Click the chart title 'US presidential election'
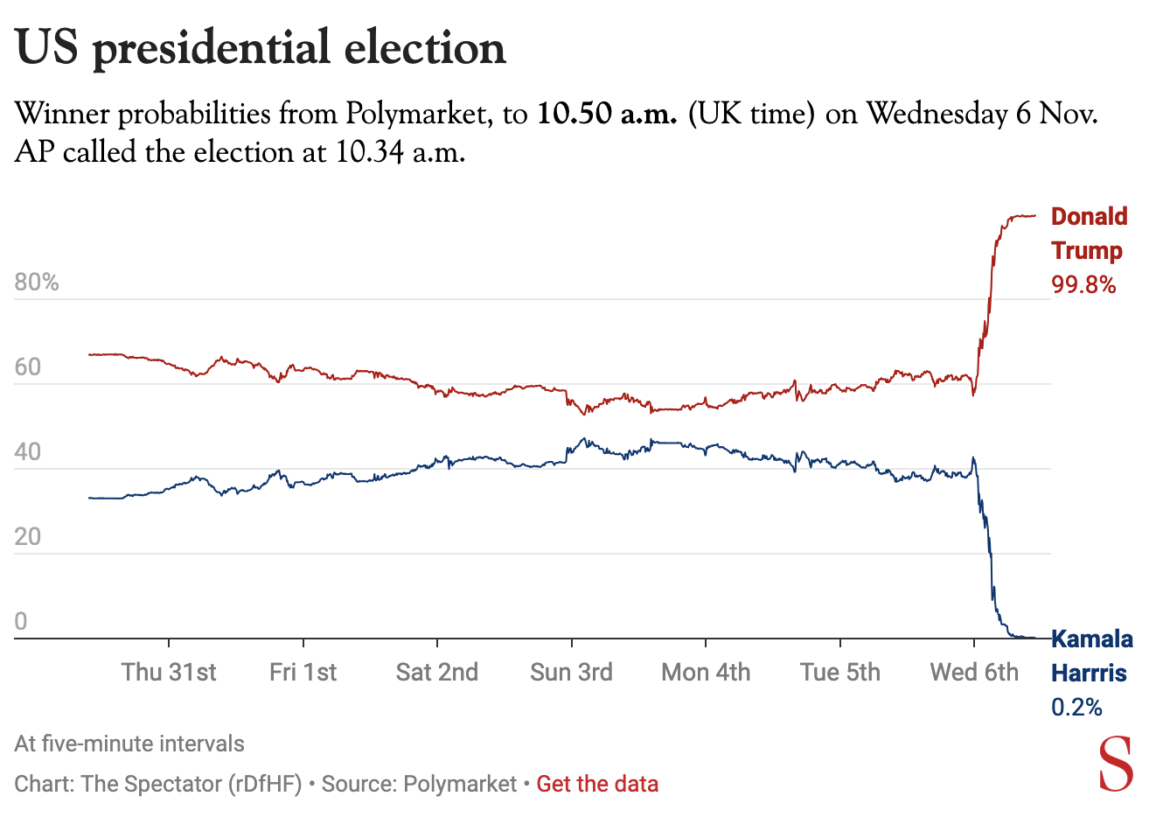click(261, 48)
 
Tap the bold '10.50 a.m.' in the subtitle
click(607, 114)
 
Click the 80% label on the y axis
click(37, 283)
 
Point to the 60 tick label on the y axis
click(28, 367)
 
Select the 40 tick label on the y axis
click(28, 452)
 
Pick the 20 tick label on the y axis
click(28, 537)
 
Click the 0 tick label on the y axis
click(21, 622)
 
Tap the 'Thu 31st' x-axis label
click(169, 672)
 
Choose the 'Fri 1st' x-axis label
click(303, 672)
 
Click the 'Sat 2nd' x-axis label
click(437, 672)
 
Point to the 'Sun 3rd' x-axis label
click(571, 672)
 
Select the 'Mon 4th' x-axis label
click(706, 672)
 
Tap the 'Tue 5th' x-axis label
click(839, 672)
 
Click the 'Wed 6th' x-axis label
click(974, 672)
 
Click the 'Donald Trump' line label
click(1089, 234)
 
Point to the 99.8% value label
click(1083, 284)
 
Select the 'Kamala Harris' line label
click(1091, 656)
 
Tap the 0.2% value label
click(1076, 707)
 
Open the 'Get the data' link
click(597, 784)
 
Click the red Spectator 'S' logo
click(1116, 765)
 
